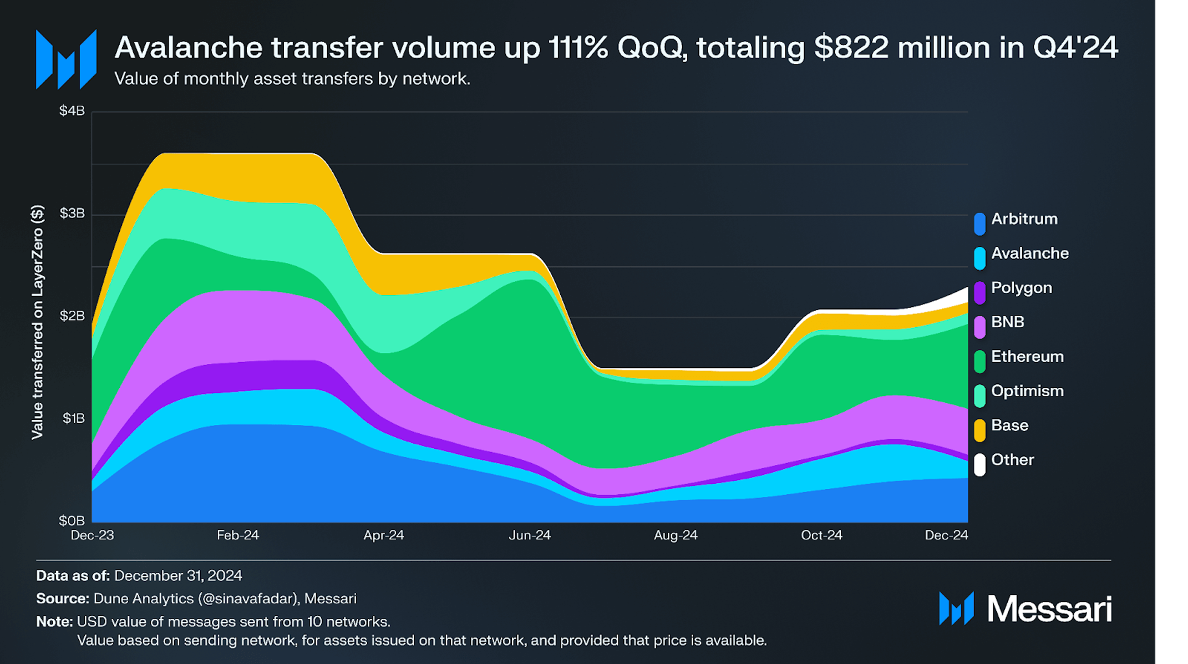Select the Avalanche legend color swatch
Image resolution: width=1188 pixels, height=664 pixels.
(979, 258)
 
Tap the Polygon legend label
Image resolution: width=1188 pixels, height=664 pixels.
(1021, 288)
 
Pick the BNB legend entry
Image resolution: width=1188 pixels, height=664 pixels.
(1007, 322)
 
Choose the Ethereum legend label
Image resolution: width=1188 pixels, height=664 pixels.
(1027, 357)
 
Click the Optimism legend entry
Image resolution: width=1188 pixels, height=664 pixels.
(1027, 391)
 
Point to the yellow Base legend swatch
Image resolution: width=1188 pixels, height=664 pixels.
(979, 430)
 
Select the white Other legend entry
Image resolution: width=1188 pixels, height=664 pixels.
(1012, 460)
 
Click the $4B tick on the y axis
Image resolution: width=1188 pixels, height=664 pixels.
(72, 111)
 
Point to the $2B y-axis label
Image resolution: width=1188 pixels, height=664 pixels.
(72, 316)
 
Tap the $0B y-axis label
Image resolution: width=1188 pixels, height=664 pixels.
(72, 521)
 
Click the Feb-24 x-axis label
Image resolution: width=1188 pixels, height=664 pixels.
(237, 535)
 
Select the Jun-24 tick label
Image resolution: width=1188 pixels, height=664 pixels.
(530, 535)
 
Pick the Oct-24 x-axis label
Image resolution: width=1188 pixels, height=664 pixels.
(821, 535)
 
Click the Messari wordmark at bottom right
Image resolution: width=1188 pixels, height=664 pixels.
(1049, 609)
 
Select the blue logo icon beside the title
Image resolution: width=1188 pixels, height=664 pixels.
(66, 59)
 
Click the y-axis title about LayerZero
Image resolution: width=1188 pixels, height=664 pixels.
(37, 322)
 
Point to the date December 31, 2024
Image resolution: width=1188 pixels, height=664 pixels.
(178, 576)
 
